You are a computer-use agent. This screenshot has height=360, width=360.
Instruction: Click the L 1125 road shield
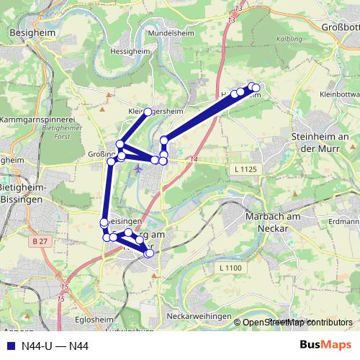(246, 168)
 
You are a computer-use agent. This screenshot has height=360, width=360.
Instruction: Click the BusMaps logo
(325, 346)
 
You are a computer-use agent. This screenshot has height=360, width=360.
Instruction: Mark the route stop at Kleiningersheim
(148, 112)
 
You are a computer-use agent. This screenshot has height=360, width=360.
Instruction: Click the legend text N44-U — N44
(55, 346)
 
